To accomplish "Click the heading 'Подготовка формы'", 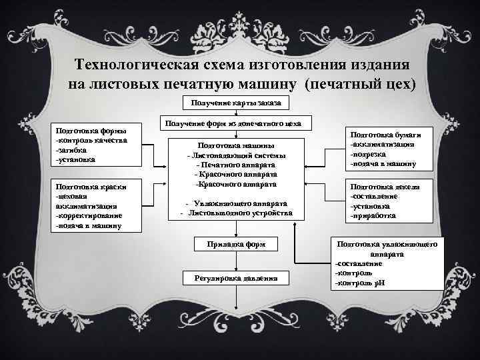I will click(x=88, y=130).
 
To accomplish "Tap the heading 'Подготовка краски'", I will click(x=88, y=187).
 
